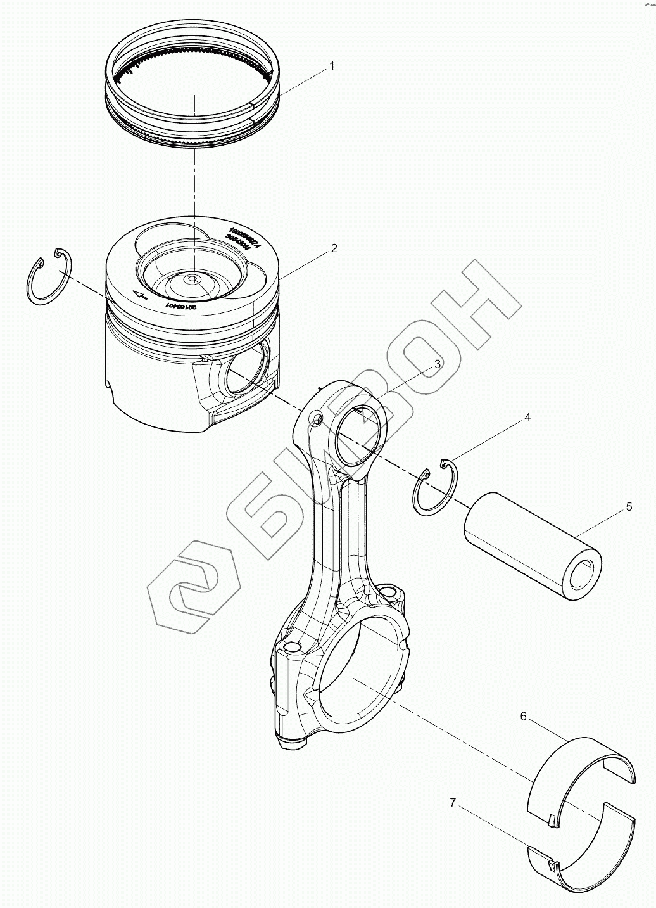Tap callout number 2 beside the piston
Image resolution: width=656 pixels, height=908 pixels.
pyautogui.click(x=334, y=248)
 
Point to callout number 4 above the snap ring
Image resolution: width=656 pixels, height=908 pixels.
pyautogui.click(x=526, y=418)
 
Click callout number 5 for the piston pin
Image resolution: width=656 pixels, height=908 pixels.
pyautogui.click(x=629, y=506)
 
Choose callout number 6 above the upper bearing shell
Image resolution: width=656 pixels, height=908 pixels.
pyautogui.click(x=523, y=716)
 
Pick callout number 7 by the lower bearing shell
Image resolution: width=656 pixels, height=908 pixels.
pyautogui.click(x=452, y=802)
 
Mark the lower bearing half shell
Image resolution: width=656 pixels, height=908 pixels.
pyautogui.click(x=583, y=849)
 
